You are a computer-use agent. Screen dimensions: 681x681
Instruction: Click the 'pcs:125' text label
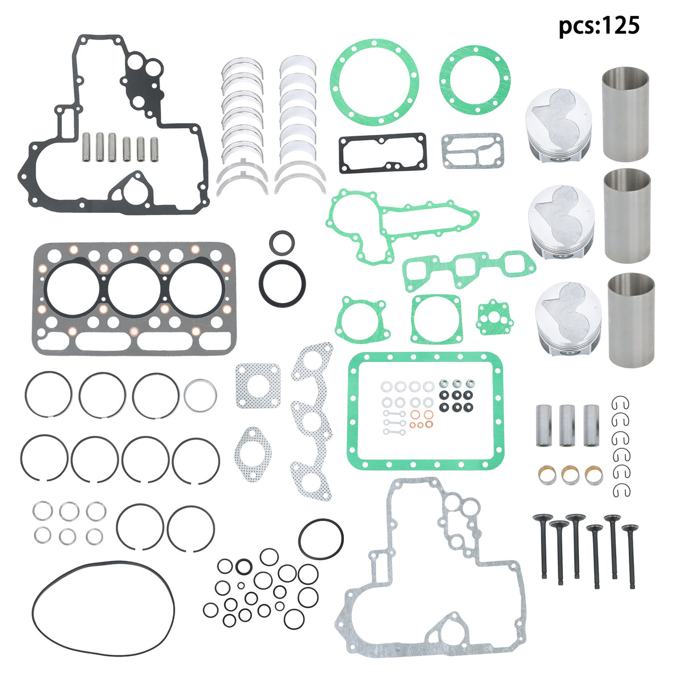coord(599,26)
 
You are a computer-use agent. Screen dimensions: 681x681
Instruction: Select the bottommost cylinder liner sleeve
coord(630,320)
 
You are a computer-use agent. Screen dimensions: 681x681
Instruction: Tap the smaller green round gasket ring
coord(475,80)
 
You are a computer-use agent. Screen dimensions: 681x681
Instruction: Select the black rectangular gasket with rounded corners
coord(382,153)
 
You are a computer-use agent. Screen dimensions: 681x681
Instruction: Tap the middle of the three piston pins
coord(567,425)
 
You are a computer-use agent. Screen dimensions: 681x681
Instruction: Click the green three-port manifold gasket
coord(469,270)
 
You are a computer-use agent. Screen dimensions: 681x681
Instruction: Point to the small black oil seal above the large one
coord(281,242)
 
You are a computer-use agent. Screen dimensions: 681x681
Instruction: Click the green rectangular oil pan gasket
coord(426,411)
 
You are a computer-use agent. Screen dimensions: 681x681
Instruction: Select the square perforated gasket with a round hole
coord(258,385)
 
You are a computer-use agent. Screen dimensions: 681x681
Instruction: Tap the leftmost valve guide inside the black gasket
coord(86,147)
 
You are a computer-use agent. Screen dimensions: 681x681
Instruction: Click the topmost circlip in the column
coord(620,403)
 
